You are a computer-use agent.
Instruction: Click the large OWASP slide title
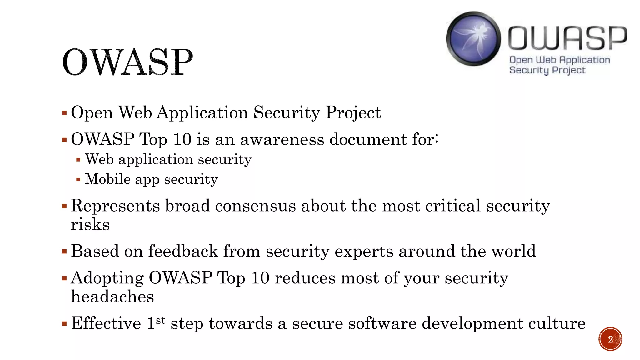[x=127, y=62]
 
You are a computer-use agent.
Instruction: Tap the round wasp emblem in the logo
[x=473, y=39]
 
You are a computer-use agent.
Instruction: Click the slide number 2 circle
[x=610, y=339]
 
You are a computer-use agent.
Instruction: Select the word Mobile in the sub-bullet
[x=108, y=179]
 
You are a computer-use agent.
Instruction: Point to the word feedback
[x=183, y=251]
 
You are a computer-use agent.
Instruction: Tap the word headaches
[x=112, y=297]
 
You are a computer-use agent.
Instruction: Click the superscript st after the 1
[x=160, y=320]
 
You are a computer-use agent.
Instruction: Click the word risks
[x=90, y=225]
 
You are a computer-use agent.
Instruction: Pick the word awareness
[x=282, y=139]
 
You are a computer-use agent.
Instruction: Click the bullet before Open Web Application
[x=64, y=113]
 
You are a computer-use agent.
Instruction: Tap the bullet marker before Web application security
[x=78, y=160]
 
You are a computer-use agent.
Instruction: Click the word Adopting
[x=107, y=278]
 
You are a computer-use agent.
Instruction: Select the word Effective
[x=106, y=323]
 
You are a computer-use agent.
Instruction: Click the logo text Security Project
[x=547, y=70]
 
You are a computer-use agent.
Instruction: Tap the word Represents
[x=115, y=206]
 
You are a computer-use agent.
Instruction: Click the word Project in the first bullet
[x=353, y=113]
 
